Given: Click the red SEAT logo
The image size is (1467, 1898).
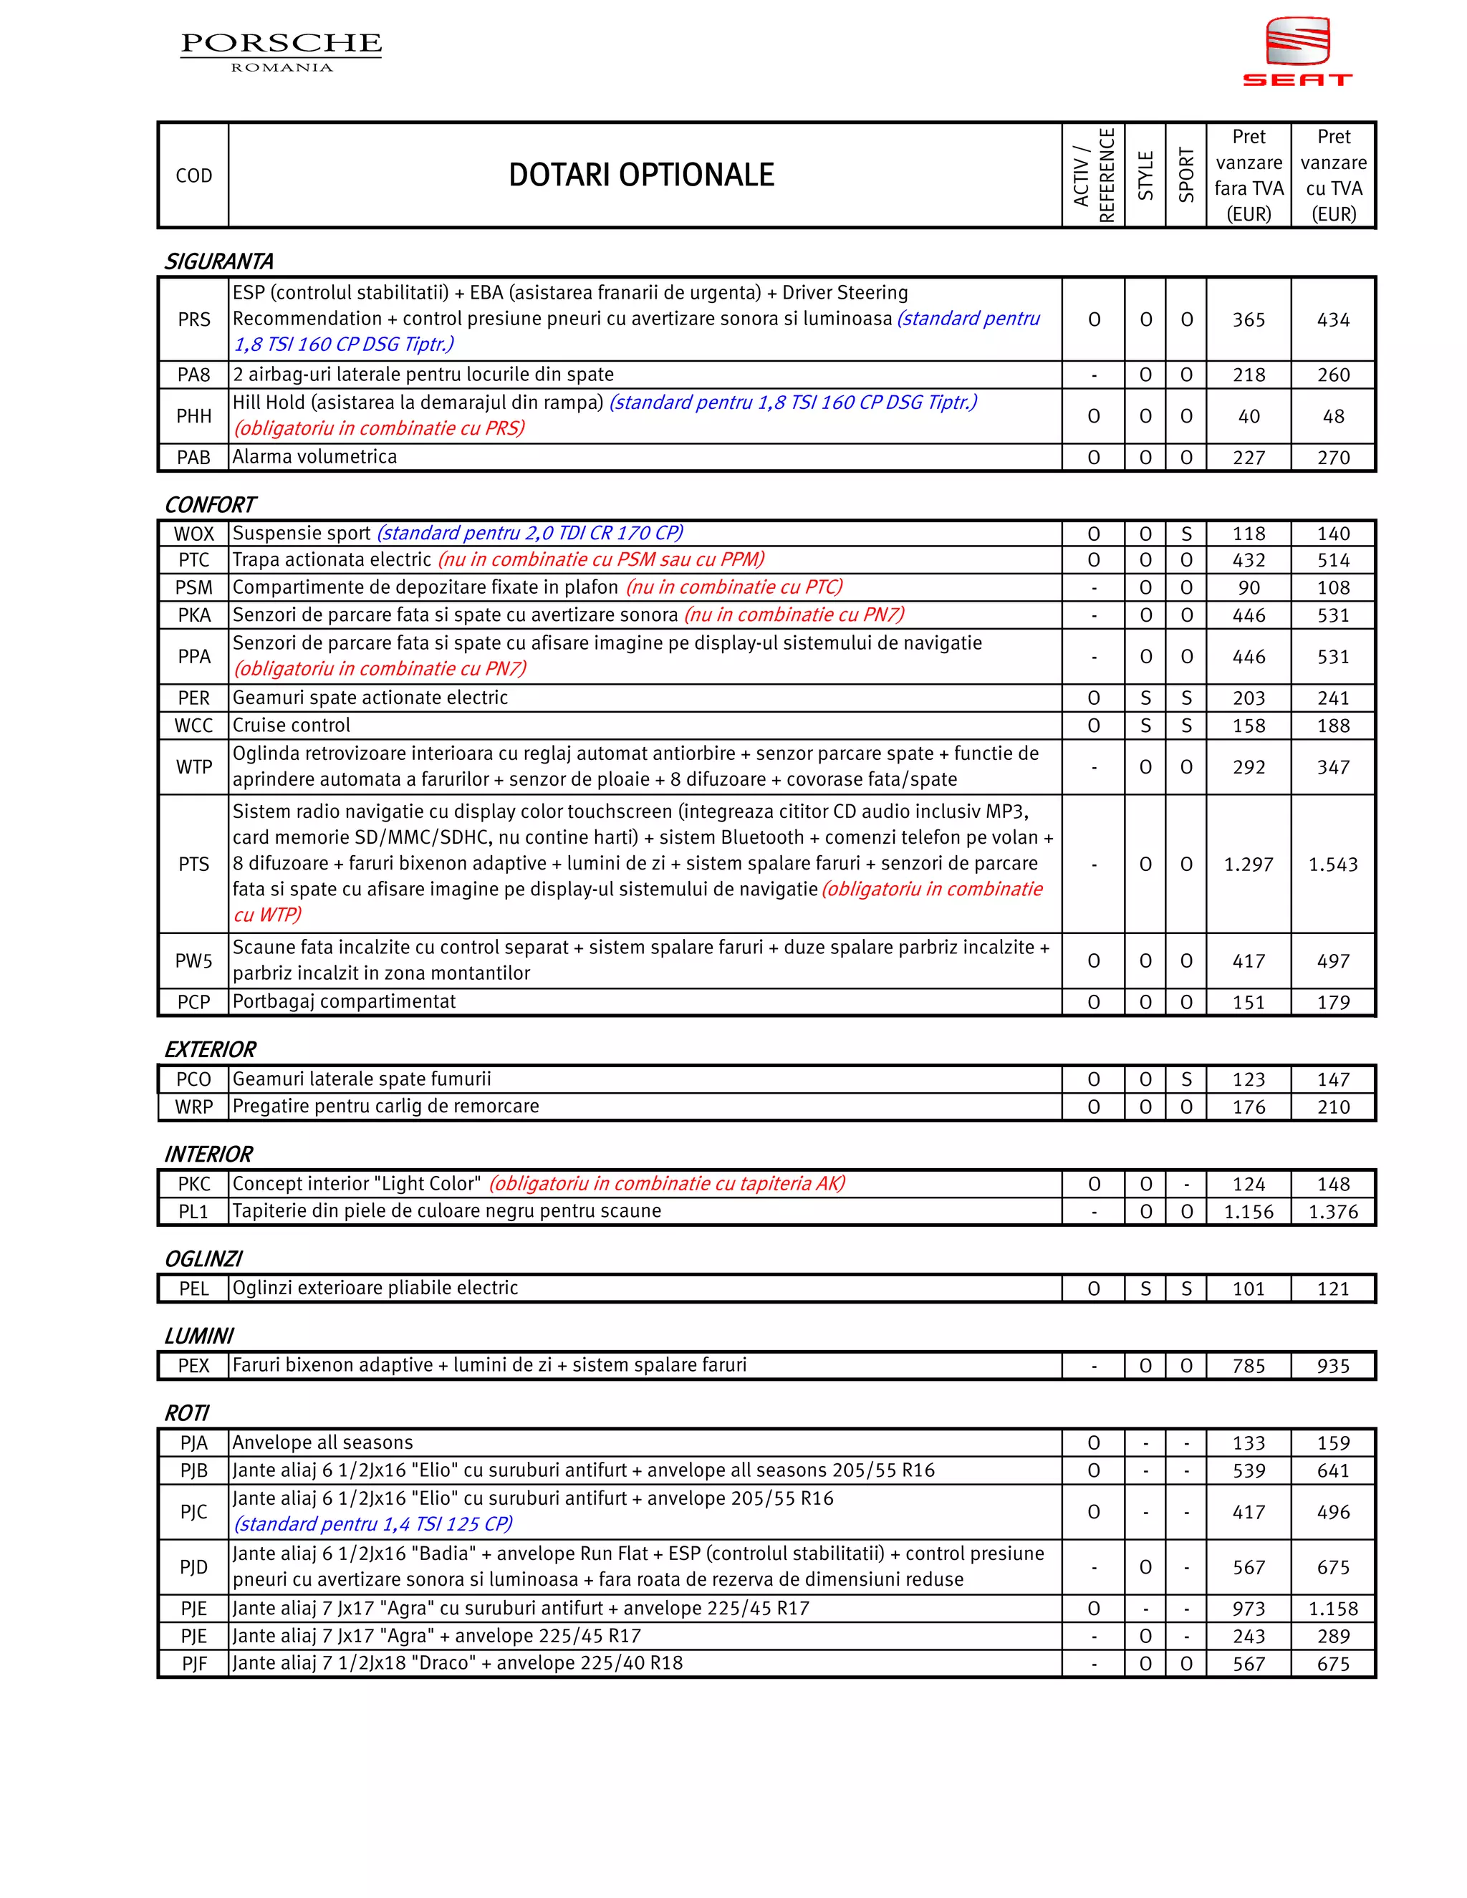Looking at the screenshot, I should pos(1297,52).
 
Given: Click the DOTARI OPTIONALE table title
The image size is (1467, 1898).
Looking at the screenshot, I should pos(640,175).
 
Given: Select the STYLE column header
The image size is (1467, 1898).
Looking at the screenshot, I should pos(1145,175).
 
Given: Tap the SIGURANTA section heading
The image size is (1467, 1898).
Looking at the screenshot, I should pos(219,261).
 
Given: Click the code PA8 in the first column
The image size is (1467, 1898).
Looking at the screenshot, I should pos(194,375).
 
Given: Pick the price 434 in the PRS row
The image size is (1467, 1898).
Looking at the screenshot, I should pos(1332,320).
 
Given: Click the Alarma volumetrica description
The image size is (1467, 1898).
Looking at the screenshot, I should pos(314,457).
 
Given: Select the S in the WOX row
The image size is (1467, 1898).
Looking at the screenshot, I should pos(1186,534).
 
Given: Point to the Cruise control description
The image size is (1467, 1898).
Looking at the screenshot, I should pos(291,726).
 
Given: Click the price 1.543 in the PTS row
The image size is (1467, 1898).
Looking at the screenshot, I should pos(1332,864).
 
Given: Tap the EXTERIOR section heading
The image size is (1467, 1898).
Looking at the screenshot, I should pos(211,1050).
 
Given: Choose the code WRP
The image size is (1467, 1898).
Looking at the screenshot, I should pos(194,1107).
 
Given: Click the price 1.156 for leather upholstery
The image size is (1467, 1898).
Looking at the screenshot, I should pos(1248,1211).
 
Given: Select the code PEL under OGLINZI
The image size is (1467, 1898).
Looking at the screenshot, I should pos(194,1288).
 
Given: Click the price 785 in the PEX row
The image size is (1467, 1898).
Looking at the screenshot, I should pos(1248,1366).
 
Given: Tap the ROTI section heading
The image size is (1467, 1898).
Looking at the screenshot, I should pos(187,1413).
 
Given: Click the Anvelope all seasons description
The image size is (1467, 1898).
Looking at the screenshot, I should pos(322,1442).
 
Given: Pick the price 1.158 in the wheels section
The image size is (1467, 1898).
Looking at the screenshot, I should pos(1332,1609).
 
